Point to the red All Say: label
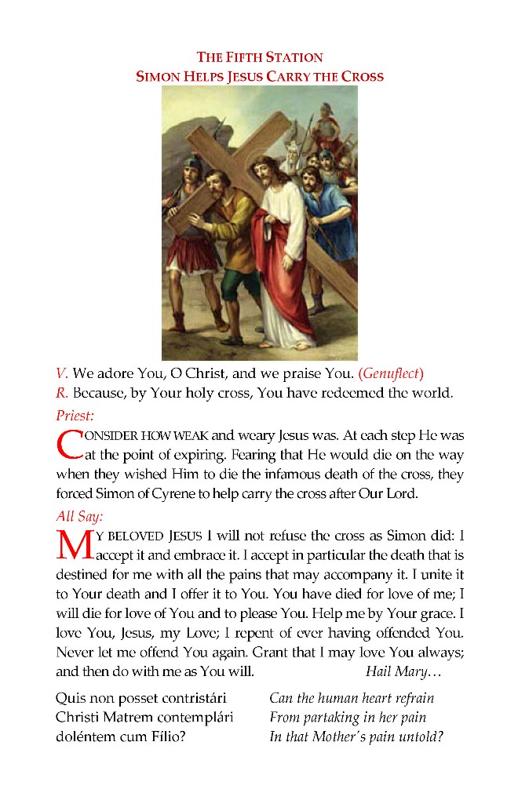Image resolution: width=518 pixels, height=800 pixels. pyautogui.click(x=79, y=516)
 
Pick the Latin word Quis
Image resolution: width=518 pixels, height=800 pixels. pyautogui.click(x=70, y=698)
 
